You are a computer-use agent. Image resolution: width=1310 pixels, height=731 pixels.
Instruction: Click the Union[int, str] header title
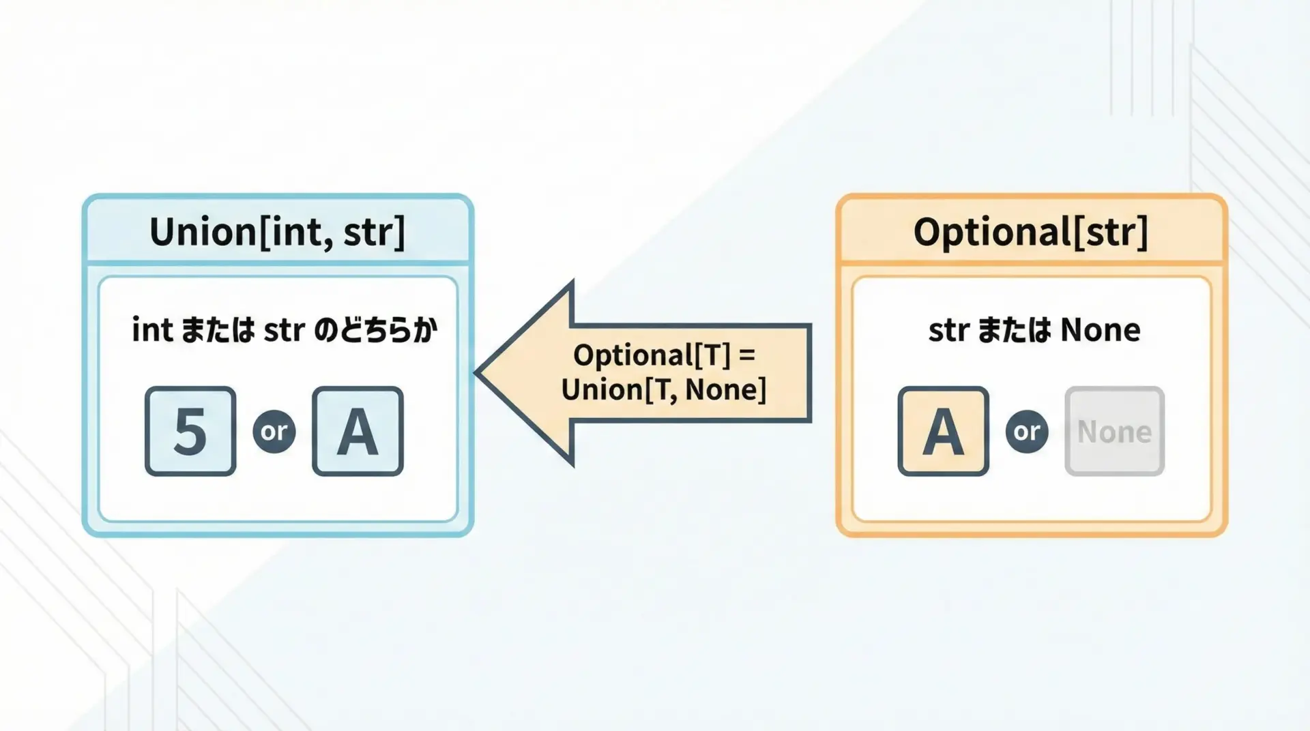[277, 232]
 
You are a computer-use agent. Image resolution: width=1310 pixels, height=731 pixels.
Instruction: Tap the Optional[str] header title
[1030, 232]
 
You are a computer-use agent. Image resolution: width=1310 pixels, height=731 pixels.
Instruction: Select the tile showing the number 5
[190, 431]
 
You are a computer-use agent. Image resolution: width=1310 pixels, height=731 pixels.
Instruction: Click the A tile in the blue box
[358, 431]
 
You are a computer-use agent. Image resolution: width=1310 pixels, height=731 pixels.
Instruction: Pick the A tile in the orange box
[943, 431]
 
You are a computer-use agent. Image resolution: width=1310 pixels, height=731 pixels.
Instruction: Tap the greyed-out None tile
[1114, 431]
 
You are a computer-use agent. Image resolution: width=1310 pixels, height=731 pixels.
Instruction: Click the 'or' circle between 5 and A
[274, 431]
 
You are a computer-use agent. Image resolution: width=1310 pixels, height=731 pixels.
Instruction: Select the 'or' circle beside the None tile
[1027, 431]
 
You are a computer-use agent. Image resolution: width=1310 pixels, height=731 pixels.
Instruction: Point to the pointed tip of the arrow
[476, 373]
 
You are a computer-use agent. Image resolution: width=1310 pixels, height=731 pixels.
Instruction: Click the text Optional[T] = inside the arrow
[665, 355]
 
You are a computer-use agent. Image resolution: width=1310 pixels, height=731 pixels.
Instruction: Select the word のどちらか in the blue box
[375, 330]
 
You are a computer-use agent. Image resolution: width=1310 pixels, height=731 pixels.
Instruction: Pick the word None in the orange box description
[1100, 330]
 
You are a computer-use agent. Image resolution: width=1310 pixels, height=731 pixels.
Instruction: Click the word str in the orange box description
[948, 331]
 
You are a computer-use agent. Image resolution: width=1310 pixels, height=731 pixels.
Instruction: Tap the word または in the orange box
[1015, 330]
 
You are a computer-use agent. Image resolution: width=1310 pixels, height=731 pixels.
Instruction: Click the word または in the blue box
[218, 330]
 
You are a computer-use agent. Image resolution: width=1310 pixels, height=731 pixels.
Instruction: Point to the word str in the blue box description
[284, 331]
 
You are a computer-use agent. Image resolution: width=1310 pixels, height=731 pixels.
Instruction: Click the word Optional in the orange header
[992, 232]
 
